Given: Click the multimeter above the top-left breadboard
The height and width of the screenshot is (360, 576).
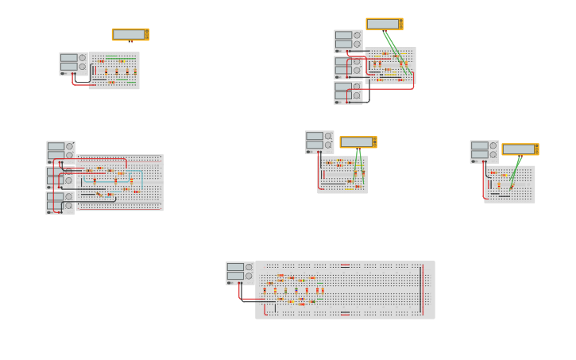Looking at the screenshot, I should point(130,34).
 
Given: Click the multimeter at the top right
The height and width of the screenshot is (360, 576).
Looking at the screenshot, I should point(385,24).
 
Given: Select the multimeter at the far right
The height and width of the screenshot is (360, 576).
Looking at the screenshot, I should point(520,149).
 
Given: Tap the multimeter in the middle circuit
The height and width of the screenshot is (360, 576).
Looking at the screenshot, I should point(358,142).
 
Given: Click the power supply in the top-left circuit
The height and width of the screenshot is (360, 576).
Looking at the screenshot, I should point(73,64).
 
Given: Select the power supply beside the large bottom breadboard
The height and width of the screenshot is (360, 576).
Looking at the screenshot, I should point(240,273).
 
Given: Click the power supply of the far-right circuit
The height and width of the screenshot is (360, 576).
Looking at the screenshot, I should point(484,151).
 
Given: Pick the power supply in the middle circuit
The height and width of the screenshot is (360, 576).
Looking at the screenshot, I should point(319,141).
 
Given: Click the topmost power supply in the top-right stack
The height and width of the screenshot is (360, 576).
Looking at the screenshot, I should point(348,41).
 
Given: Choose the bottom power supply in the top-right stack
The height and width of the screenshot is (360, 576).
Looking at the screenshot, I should point(348,93).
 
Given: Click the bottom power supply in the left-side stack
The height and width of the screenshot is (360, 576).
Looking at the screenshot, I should point(60,203).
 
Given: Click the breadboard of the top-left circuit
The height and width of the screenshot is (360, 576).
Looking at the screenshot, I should point(114,71).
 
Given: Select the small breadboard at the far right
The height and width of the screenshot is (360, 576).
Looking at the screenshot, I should point(509,184).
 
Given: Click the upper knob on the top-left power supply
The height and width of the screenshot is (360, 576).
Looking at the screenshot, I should point(82,57).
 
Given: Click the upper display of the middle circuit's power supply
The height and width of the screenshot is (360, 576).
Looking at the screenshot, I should point(315,136).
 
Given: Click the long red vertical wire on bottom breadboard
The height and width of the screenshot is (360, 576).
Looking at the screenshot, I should point(422,289).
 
